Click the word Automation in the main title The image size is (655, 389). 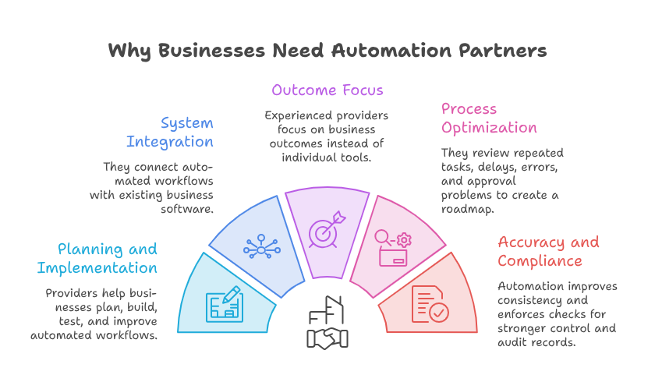[x=391, y=51]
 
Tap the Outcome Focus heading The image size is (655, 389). [x=327, y=90]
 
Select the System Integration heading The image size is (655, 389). [x=170, y=133]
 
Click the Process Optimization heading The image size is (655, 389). [x=489, y=118]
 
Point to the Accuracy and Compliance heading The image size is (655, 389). [x=548, y=252]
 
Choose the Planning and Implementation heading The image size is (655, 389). [x=97, y=259]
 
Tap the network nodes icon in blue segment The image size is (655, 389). [x=261, y=246]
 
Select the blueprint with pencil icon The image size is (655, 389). [x=225, y=304]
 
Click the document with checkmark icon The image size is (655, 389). [x=430, y=304]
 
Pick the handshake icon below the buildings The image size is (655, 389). [x=327, y=338]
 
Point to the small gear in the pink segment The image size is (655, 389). [x=404, y=240]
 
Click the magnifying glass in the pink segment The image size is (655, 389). [x=382, y=237]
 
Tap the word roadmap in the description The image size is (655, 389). [x=467, y=209]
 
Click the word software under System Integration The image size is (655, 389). [x=187, y=209]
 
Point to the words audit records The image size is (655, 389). [x=536, y=342]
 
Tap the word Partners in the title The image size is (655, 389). [x=502, y=51]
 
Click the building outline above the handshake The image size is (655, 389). [x=326, y=310]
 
